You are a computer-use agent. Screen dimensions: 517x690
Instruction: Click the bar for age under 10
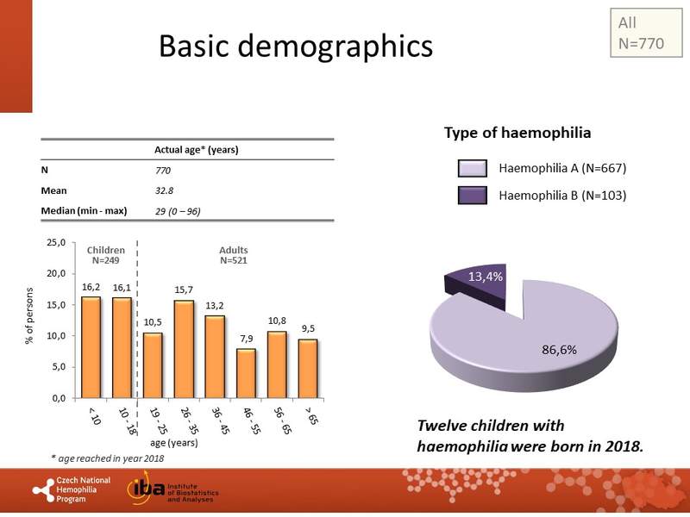point(91,347)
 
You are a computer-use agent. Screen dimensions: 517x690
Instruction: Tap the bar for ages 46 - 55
point(246,373)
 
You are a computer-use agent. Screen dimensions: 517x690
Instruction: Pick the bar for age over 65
point(308,368)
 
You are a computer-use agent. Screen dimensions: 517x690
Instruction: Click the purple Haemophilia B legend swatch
point(472,196)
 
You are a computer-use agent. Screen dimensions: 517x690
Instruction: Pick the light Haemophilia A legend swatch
point(472,168)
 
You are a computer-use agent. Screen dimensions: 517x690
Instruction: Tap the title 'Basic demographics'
point(296,47)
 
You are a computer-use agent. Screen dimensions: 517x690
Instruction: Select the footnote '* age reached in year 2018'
point(107,458)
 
